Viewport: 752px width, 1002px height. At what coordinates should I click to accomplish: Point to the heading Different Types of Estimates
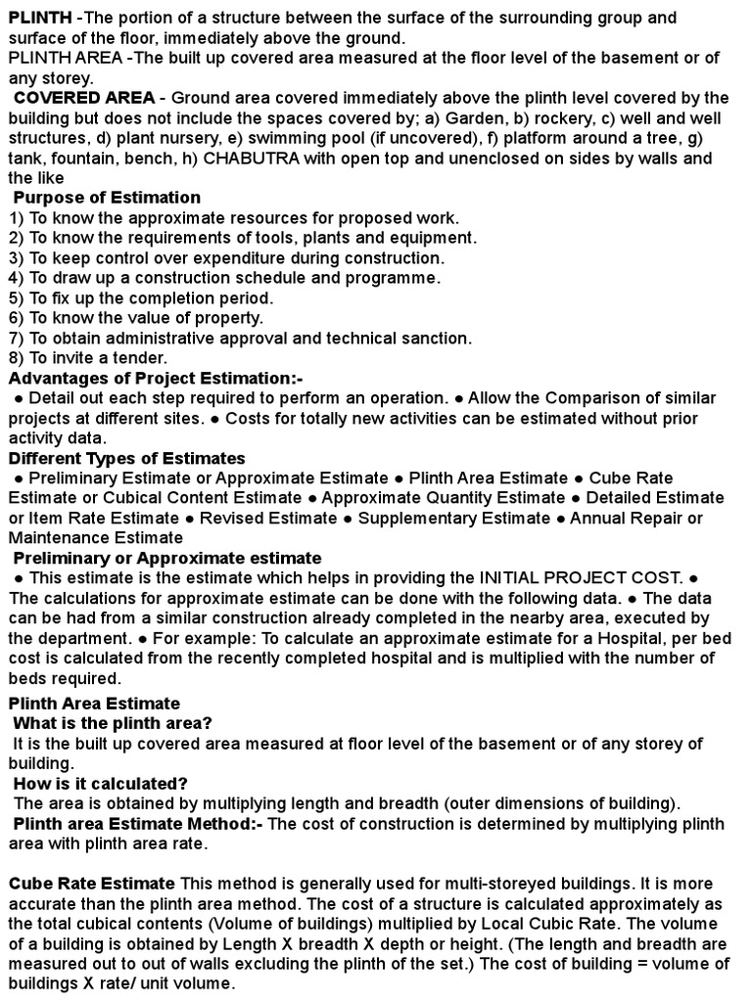[x=127, y=458]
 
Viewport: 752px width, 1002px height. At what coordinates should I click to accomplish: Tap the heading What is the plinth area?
[x=113, y=723]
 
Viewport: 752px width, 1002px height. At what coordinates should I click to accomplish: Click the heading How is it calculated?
[x=101, y=784]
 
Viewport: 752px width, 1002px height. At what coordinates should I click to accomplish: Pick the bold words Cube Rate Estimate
[x=92, y=884]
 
